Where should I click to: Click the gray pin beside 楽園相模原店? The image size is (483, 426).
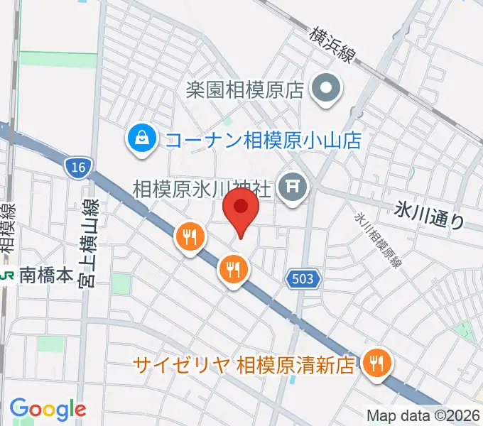[x=327, y=89]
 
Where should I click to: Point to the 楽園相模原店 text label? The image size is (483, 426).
[x=245, y=90]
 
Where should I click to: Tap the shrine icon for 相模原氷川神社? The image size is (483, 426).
[x=293, y=188]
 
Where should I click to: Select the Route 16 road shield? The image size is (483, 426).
[x=76, y=168]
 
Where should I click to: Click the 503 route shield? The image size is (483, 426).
[x=303, y=279]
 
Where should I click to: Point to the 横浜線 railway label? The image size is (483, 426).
[x=332, y=45]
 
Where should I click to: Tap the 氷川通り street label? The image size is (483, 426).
[x=430, y=214]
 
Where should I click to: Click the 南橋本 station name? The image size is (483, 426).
[x=45, y=275]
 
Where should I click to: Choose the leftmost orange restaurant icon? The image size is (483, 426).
[x=190, y=236]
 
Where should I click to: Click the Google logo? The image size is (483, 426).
[x=48, y=408]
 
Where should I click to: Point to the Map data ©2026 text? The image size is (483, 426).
[x=423, y=415]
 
